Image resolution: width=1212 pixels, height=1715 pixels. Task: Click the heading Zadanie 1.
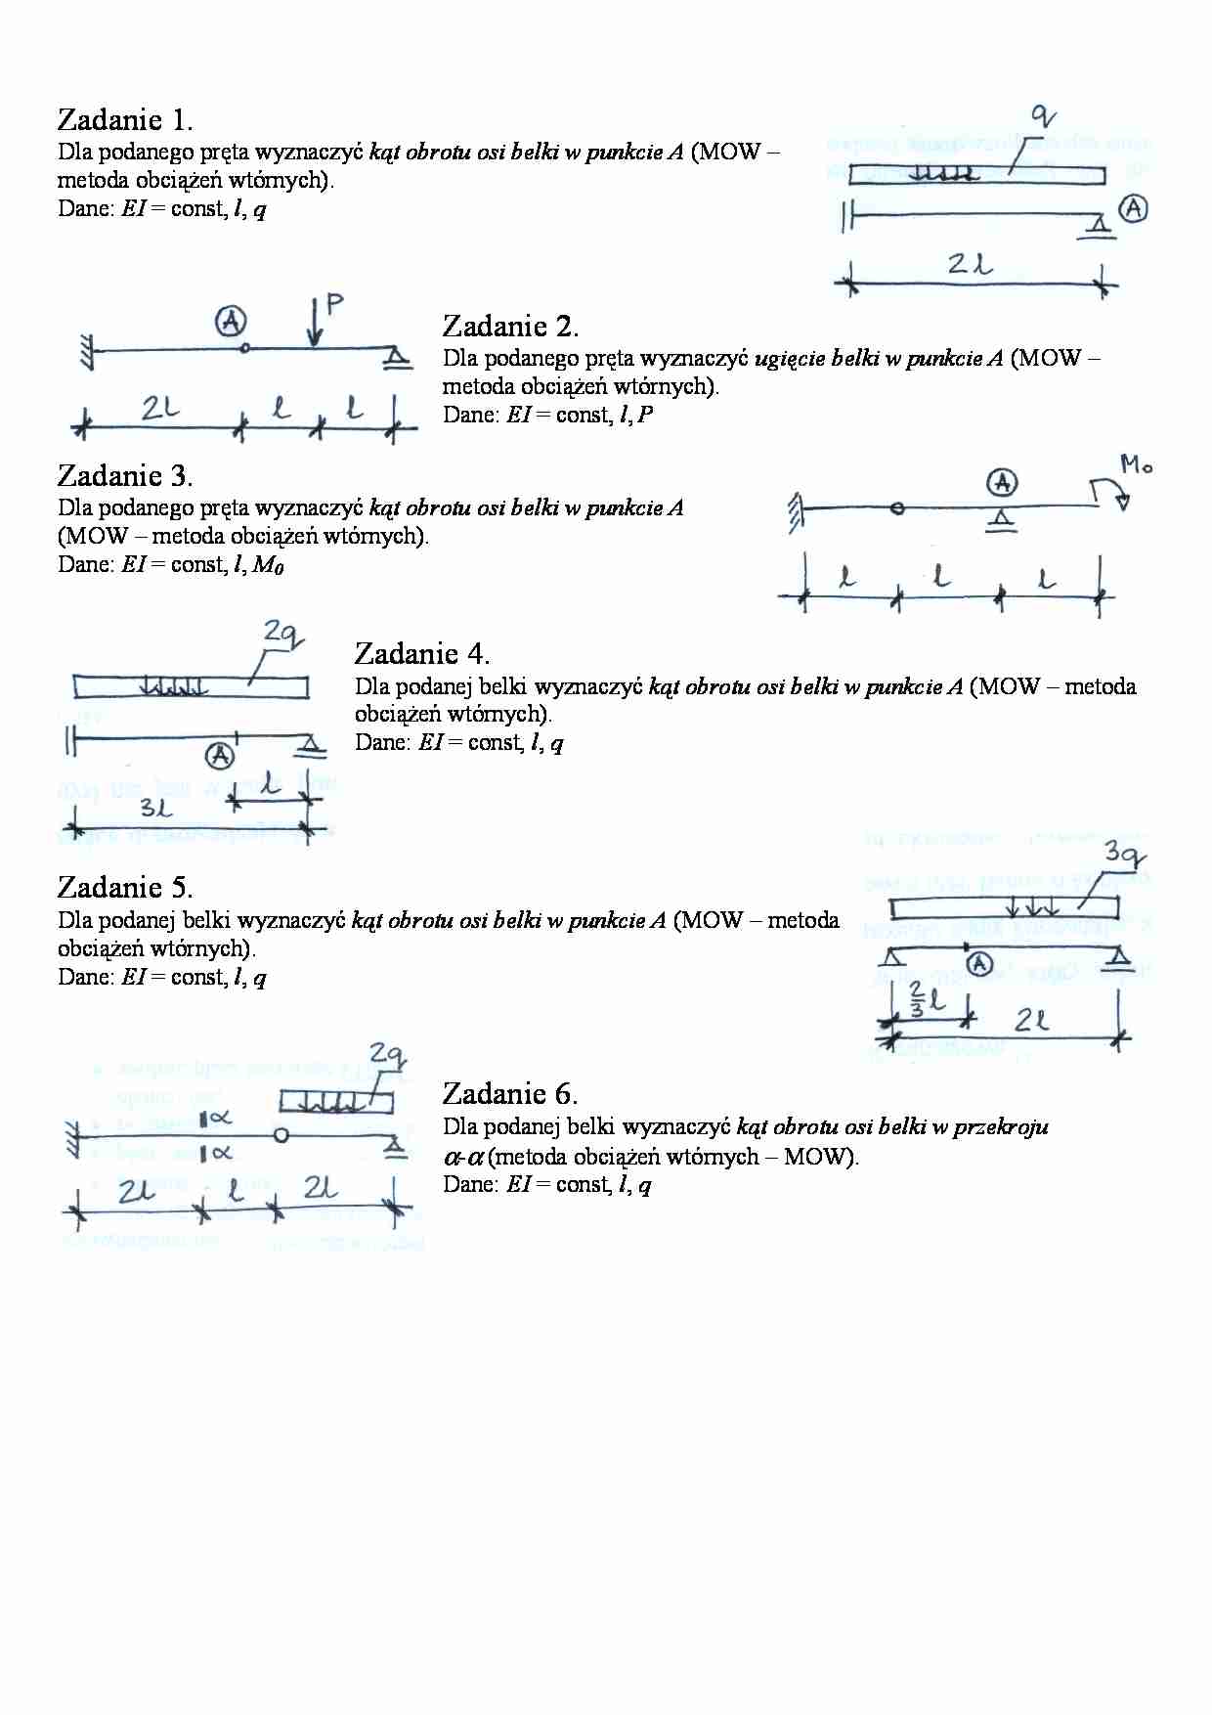[x=125, y=120]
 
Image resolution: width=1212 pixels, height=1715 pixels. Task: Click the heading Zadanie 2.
[x=510, y=326]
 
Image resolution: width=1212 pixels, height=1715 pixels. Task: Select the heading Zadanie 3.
[x=125, y=476]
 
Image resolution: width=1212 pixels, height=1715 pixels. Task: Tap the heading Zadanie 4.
[x=422, y=654]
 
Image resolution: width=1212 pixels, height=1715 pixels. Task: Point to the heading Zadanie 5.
[x=125, y=888]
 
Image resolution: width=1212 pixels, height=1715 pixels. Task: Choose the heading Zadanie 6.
[x=510, y=1094]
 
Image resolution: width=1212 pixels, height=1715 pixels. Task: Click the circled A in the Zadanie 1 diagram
[x=1133, y=208]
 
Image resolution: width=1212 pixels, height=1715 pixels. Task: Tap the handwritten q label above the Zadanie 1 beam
[x=1044, y=117]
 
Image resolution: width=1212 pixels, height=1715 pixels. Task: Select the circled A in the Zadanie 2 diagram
[x=232, y=320]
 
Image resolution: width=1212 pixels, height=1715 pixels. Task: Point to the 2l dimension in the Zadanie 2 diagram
[x=158, y=409]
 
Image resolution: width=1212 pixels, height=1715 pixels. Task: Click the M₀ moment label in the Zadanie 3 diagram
[x=1135, y=465]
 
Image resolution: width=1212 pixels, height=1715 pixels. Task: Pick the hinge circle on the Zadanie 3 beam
[x=898, y=508]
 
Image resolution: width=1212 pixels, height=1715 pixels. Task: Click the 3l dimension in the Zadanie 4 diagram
[x=155, y=809]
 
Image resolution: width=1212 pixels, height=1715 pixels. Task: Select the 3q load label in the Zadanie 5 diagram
[x=1123, y=853]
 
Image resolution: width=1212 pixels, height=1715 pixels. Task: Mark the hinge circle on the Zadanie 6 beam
[x=281, y=1135]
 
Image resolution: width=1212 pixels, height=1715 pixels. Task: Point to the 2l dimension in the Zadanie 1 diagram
[x=969, y=264]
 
